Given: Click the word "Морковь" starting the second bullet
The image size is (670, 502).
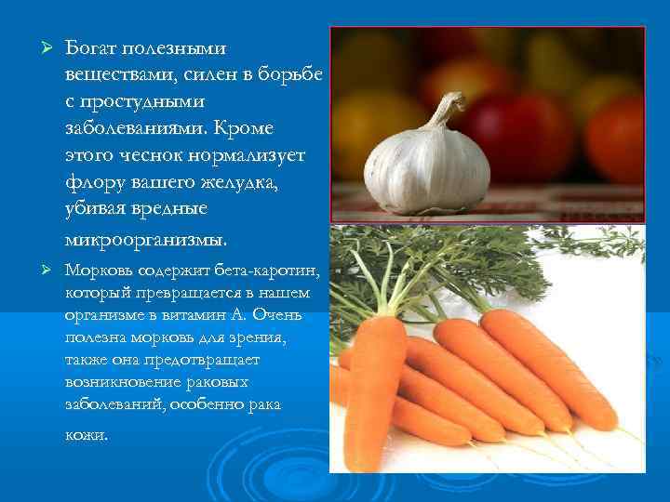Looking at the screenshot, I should click(x=96, y=271).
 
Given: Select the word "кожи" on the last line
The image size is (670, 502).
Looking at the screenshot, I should click(x=86, y=434).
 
